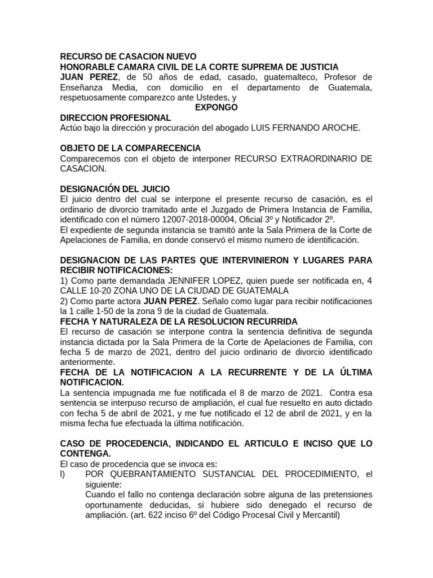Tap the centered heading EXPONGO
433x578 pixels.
(216, 107)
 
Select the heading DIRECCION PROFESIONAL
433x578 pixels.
(115, 117)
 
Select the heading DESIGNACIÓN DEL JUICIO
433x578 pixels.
(114, 189)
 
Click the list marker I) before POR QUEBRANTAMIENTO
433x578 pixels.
(63, 474)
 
